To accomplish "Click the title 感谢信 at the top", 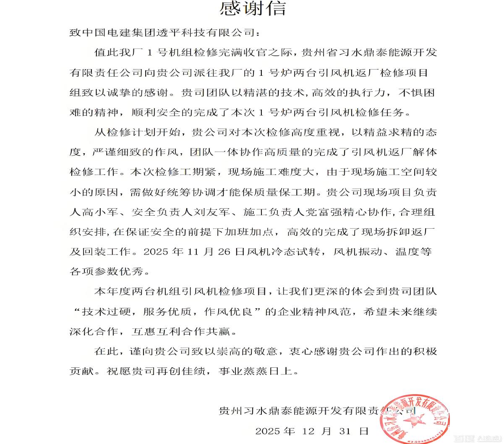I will (253, 8).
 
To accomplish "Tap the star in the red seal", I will (413, 420).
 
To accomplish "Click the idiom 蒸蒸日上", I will (267, 371).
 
